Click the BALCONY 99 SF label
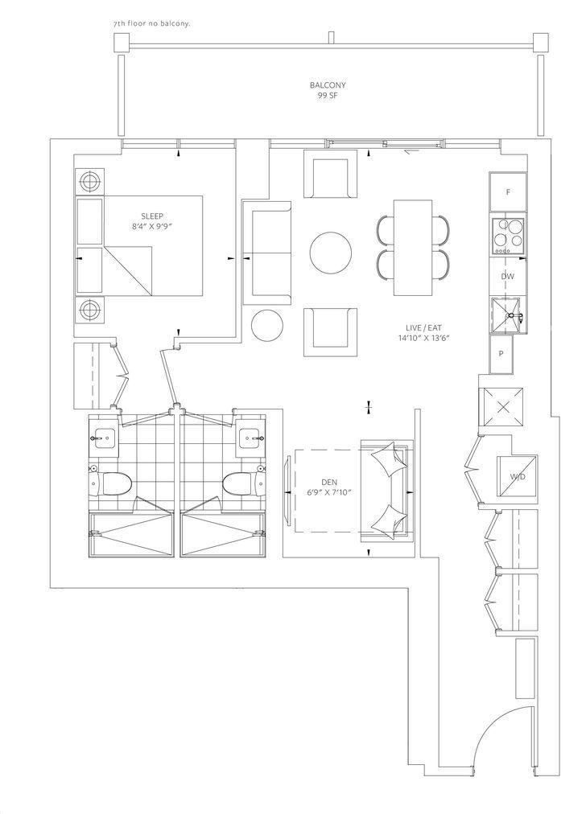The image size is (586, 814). (328, 90)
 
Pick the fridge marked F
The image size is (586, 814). (508, 192)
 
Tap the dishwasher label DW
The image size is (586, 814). (508, 277)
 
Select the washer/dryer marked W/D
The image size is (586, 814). (517, 476)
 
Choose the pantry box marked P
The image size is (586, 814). (501, 354)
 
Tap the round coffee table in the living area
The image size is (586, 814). (330, 252)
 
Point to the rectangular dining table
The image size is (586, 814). (413, 247)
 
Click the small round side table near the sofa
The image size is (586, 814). (267, 325)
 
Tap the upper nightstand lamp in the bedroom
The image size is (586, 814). (89, 182)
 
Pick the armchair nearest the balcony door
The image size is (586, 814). (330, 174)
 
